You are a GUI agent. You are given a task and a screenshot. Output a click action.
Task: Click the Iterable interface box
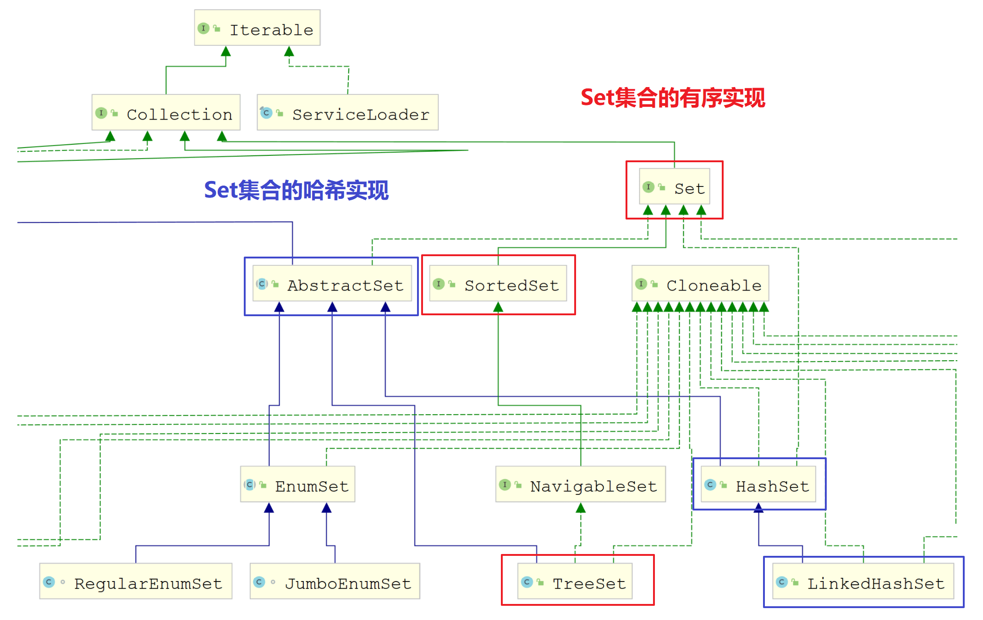pyautogui.click(x=257, y=28)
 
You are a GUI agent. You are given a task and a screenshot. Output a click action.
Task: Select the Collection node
pyautogui.click(x=166, y=113)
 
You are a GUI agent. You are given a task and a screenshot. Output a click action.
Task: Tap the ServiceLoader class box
pyautogui.click(x=347, y=113)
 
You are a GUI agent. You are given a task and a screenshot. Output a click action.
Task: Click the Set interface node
pyautogui.click(x=675, y=187)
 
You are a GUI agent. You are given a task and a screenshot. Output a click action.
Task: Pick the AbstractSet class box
pyautogui.click(x=332, y=284)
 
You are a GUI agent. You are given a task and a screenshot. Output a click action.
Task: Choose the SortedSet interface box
pyautogui.click(x=498, y=284)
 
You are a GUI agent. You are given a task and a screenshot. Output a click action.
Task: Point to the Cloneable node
pyautogui.click(x=700, y=284)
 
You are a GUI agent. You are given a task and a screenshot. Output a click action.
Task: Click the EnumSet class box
pyautogui.click(x=298, y=484)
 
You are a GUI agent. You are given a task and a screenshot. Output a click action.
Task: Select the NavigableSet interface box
pyautogui.click(x=581, y=484)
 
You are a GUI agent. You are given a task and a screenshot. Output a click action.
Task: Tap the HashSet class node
pyautogui.click(x=758, y=484)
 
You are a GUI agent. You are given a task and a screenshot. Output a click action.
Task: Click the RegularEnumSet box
pyautogui.click(x=136, y=582)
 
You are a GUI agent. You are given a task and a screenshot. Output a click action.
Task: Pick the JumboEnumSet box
pyautogui.click(x=335, y=582)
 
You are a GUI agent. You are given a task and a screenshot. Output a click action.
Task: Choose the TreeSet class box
pyautogui.click(x=575, y=582)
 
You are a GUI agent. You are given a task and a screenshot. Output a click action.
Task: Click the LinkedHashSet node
pyautogui.click(x=863, y=582)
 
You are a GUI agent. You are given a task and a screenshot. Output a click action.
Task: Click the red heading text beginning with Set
pyautogui.click(x=673, y=98)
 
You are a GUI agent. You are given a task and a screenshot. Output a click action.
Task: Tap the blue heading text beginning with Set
pyautogui.click(x=297, y=190)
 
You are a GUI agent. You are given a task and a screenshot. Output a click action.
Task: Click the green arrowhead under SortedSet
pyautogui.click(x=498, y=307)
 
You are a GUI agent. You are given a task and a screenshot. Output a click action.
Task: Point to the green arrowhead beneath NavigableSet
pyautogui.click(x=581, y=507)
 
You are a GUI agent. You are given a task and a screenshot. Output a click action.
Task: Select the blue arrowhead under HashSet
pyautogui.click(x=758, y=507)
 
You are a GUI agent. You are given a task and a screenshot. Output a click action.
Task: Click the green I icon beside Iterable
pyautogui.click(x=203, y=28)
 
